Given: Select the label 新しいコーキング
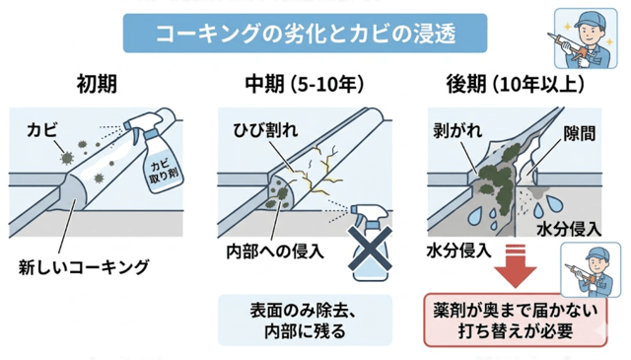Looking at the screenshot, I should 82,265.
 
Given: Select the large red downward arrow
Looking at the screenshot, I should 512,262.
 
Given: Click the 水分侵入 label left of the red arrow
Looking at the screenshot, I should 458,249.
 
